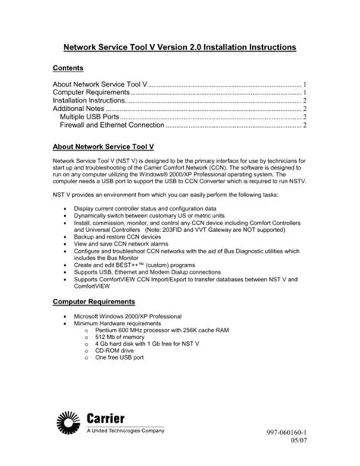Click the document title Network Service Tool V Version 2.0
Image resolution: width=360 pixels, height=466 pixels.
[x=179, y=47]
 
